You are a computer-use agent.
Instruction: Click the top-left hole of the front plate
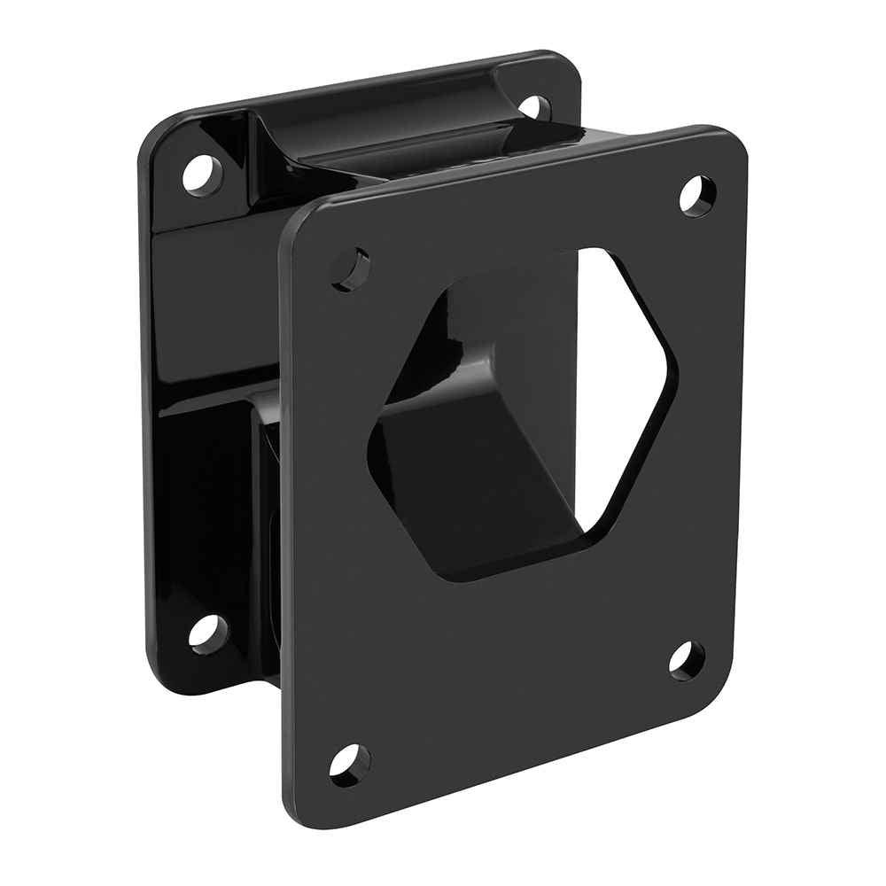[x=351, y=268]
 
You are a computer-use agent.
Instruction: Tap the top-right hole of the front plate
[x=697, y=195]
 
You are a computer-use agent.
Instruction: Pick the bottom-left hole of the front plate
[x=349, y=763]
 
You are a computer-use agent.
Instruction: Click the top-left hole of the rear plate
[x=201, y=172]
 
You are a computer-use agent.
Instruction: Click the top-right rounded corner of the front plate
[x=731, y=142]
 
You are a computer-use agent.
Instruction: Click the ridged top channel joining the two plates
[x=381, y=142]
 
